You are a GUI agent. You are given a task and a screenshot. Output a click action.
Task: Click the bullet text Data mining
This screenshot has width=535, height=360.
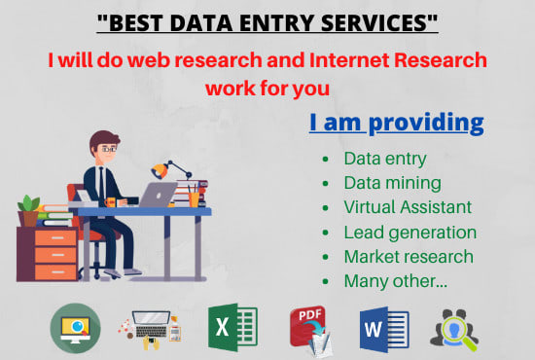point(393,182)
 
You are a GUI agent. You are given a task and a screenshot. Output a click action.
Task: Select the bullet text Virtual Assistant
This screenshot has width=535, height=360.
point(408,207)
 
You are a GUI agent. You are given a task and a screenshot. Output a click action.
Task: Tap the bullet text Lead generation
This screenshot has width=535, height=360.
point(410,233)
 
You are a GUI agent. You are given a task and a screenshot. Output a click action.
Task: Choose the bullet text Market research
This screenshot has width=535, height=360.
point(409,257)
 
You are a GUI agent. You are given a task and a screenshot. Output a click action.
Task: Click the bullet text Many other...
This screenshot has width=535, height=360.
point(394,282)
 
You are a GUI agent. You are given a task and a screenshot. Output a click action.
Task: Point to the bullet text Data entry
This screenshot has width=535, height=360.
point(386,157)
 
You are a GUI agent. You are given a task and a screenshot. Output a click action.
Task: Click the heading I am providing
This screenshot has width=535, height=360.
point(396,123)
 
